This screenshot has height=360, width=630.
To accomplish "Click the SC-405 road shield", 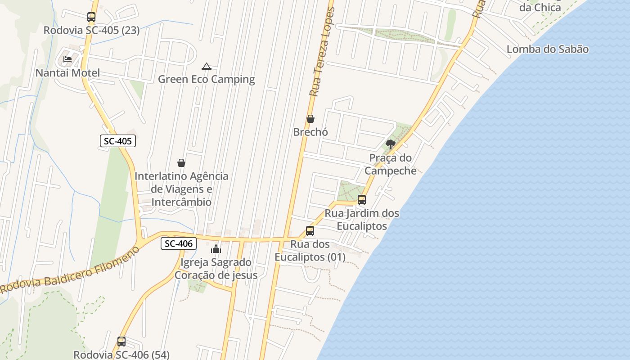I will [117, 141].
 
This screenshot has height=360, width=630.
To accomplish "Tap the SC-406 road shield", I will [179, 243].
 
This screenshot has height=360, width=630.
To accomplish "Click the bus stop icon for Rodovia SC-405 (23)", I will [91, 17].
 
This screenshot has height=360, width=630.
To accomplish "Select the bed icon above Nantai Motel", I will [67, 59].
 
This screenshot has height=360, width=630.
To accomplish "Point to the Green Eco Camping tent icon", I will [207, 67].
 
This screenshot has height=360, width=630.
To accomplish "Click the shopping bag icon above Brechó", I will [310, 119].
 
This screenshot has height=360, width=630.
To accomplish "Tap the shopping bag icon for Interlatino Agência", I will [181, 163].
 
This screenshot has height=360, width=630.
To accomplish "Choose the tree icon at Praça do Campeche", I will [391, 144].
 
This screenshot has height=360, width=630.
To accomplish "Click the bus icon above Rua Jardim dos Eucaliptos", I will [362, 200].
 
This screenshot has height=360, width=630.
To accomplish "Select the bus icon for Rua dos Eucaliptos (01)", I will [310, 231].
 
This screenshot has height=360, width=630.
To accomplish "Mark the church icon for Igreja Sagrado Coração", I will [216, 249].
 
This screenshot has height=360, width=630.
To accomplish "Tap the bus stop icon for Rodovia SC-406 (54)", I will [121, 342].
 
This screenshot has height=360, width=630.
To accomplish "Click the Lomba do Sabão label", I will [547, 49].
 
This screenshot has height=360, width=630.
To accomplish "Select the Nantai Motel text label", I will [67, 73].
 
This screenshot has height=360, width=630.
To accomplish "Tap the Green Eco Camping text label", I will [206, 80].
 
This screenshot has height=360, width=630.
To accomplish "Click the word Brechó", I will [310, 132].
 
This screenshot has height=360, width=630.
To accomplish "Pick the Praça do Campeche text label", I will [390, 164].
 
